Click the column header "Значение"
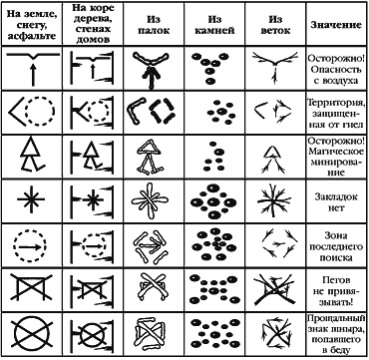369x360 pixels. [x=336, y=25]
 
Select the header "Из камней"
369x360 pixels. [x=214, y=25]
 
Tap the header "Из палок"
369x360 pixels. [x=154, y=25]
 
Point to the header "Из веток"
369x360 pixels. [x=275, y=25]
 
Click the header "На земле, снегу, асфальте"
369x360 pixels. [x=31, y=25]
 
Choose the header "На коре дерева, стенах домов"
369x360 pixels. [x=93, y=24]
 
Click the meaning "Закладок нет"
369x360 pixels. [x=336, y=201]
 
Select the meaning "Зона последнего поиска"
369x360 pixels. [x=336, y=246]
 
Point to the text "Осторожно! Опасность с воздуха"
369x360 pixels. [x=336, y=69]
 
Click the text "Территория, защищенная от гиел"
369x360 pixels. [x=336, y=113]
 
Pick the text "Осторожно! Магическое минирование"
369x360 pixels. [x=336, y=157]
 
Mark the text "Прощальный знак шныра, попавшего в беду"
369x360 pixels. [x=336, y=335]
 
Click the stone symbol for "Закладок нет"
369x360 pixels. [x=212, y=201]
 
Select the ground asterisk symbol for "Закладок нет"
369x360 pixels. [x=31, y=199]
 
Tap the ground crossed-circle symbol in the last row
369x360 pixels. [x=31, y=334]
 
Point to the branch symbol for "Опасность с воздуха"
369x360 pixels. [x=275, y=68]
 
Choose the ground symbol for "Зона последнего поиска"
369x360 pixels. [x=30, y=246]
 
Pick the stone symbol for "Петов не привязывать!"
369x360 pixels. [x=213, y=289]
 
